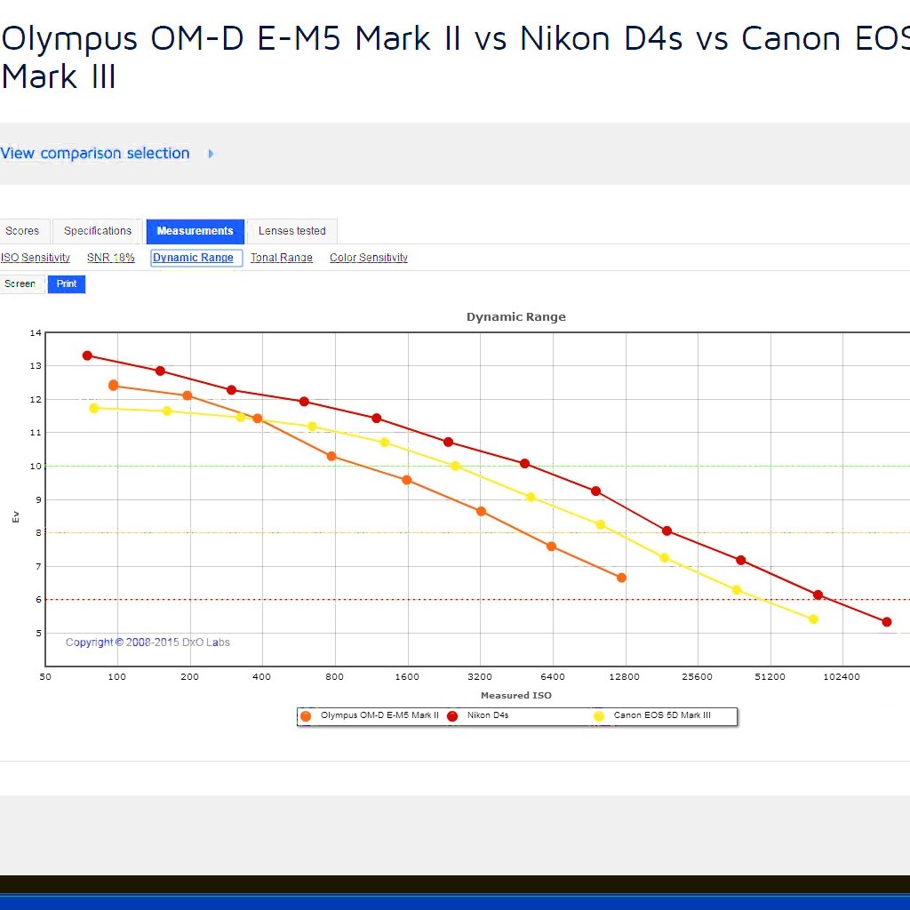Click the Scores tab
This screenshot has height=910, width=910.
click(22, 231)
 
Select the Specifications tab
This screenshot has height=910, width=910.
click(98, 231)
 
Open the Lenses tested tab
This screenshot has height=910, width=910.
click(291, 231)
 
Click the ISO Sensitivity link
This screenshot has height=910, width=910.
click(36, 258)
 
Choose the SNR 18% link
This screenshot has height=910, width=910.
click(111, 258)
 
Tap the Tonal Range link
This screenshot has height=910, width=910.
click(281, 258)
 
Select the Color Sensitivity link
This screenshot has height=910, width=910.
click(369, 258)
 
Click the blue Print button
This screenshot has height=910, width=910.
click(67, 284)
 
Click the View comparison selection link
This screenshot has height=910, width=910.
click(95, 153)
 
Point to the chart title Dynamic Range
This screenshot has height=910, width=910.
click(515, 317)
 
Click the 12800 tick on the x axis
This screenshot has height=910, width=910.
click(625, 677)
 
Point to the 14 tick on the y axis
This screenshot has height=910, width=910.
click(36, 333)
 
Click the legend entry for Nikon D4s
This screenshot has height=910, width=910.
click(488, 715)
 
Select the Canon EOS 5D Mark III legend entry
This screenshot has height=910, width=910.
click(661, 715)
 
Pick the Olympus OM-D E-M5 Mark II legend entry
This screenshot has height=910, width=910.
click(379, 715)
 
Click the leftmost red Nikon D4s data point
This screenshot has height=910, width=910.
click(87, 355)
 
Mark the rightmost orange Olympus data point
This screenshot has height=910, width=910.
click(621, 578)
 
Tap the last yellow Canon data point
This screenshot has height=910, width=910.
click(813, 619)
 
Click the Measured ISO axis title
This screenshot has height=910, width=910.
click(516, 696)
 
